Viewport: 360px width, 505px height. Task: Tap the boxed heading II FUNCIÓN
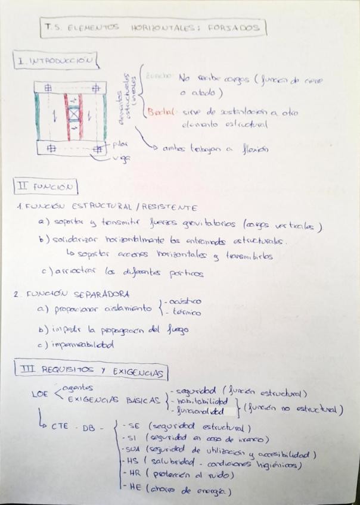click(46, 188)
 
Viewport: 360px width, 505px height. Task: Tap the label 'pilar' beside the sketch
click(120, 144)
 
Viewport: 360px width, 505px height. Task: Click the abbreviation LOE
click(39, 395)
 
